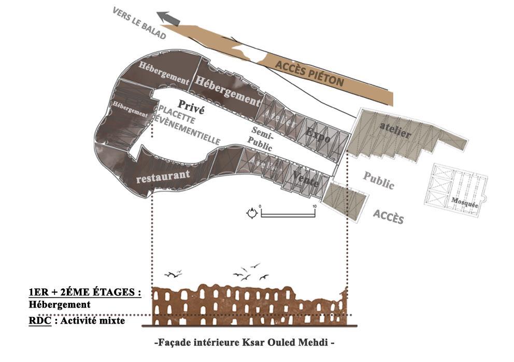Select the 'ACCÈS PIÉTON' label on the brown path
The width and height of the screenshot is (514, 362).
click(309, 73)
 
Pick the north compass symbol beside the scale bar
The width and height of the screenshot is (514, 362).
click(252, 212)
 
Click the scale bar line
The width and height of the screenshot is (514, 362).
click(288, 213)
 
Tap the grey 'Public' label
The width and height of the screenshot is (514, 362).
click(378, 180)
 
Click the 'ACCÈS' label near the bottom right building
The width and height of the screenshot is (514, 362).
click(389, 216)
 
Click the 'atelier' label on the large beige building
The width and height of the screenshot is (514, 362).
click(395, 133)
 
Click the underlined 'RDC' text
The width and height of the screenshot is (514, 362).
click(39, 321)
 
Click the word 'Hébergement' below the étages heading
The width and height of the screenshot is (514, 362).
click(60, 305)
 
